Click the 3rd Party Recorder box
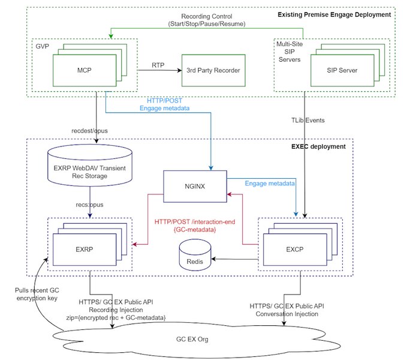pyautogui.click(x=213, y=70)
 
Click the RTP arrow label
pyautogui.click(x=157, y=64)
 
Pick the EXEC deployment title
pyautogui.click(x=322, y=146)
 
